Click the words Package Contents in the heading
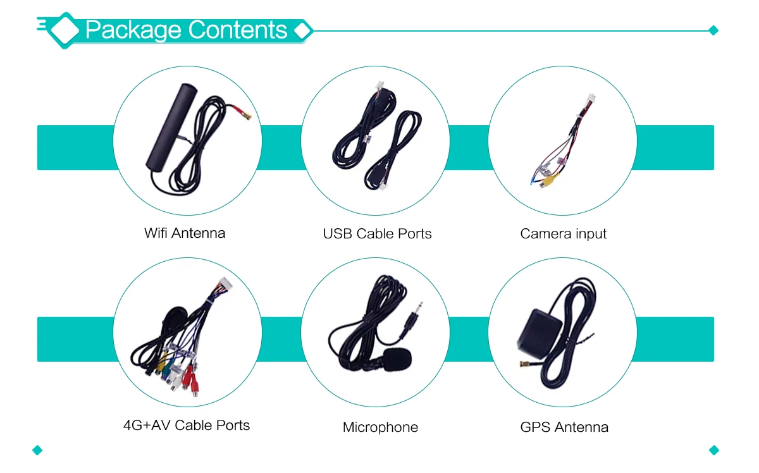pos(186,30)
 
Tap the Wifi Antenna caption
pos(185,233)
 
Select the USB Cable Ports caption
pos(377,233)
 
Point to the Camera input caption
pos(563,233)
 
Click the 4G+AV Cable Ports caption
pos(187,425)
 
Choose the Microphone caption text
pos(380,427)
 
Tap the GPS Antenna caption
pos(564,427)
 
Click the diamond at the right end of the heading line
pos(713,30)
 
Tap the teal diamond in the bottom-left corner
pos(37,450)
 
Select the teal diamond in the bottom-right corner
pos(714,450)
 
